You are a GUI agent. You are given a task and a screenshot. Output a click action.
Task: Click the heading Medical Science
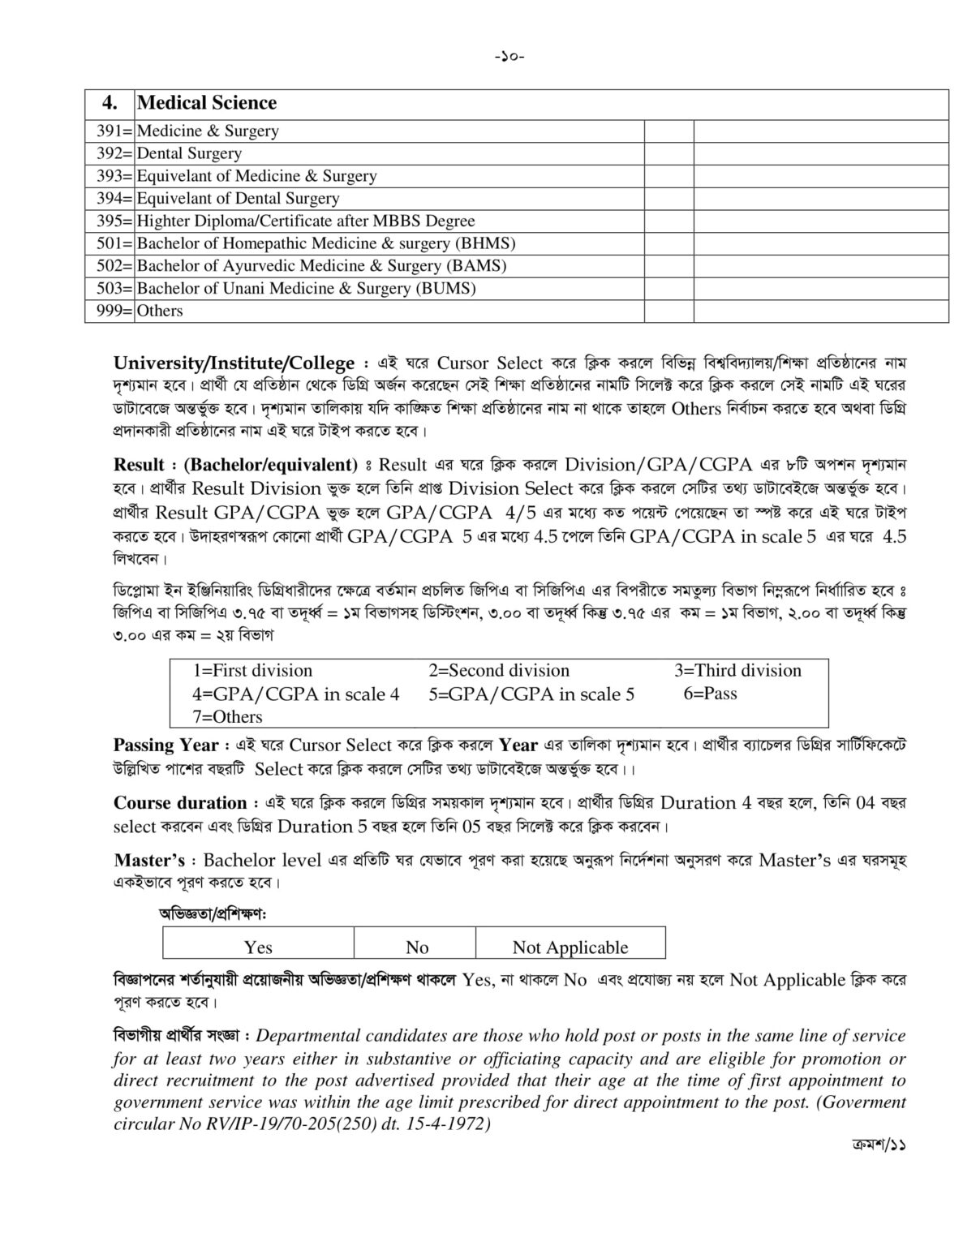[x=207, y=103]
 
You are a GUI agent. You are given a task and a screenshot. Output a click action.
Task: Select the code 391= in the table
[x=110, y=131]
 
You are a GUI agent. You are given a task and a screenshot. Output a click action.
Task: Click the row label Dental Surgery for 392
[x=189, y=153]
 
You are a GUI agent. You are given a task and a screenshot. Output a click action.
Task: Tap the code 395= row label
[x=110, y=221]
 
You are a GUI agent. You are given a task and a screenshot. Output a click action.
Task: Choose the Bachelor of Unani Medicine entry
[x=306, y=288]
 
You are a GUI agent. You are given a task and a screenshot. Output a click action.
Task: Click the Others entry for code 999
[x=160, y=311]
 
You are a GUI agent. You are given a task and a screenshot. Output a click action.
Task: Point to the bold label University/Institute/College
[x=234, y=363]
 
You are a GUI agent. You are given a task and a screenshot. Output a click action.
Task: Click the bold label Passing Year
[x=166, y=745]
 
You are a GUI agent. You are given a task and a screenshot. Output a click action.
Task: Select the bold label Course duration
[x=180, y=803]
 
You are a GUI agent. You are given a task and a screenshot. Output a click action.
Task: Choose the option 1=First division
[x=252, y=671]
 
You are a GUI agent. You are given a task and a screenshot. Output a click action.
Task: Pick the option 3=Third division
[x=737, y=671]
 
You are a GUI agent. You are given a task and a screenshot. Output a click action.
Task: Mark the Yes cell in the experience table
[x=258, y=947]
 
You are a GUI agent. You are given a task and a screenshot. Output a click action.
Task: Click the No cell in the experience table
[x=417, y=947]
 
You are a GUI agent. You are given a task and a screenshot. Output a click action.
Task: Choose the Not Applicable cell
[x=570, y=947]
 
